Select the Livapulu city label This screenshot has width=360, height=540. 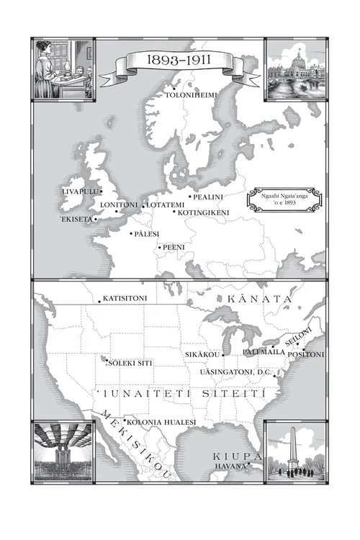80,192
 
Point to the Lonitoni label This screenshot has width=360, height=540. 118,205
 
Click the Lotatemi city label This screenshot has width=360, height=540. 166,205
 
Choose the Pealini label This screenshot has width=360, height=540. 208,197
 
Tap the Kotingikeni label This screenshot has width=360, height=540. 202,212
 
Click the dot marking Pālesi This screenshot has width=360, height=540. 131,233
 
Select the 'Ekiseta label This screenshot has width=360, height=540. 76,219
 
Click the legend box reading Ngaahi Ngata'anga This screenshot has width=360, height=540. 273,200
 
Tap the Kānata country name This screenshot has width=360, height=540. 260,298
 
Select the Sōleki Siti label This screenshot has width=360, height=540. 130,364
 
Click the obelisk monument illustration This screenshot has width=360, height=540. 294,451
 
